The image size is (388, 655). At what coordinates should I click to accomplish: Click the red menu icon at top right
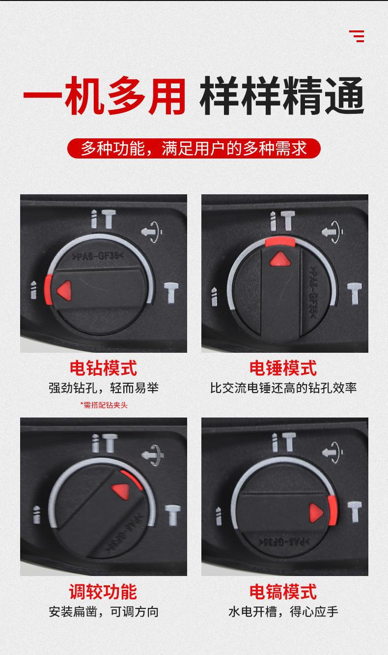pos(357,36)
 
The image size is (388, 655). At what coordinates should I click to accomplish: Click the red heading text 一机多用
pos(105,97)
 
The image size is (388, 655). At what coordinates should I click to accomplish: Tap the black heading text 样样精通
pos(281,97)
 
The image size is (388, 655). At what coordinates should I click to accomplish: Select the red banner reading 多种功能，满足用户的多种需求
pos(194,148)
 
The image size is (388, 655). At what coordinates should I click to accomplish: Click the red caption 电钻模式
pos(103,367)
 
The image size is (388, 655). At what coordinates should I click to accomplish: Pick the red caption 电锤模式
pos(283,367)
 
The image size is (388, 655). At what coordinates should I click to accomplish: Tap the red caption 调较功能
pos(103,591)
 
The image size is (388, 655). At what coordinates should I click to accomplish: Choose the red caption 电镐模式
pos(283,591)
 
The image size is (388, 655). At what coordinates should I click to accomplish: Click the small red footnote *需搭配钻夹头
pos(104,405)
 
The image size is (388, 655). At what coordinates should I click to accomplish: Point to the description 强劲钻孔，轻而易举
pos(104,388)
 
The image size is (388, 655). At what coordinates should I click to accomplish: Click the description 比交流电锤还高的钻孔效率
pos(283,388)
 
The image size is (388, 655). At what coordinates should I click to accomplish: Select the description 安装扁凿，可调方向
pos(104,611)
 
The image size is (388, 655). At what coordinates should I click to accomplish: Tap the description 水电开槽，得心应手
pos(283,611)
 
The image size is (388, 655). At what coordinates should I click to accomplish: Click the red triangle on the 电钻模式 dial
pos(64,290)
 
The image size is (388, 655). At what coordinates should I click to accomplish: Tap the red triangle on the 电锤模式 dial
pos(279,259)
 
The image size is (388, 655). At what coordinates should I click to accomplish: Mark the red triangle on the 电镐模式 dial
pos(316,513)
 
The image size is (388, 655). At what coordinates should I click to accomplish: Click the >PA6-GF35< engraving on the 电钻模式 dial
pos(97,256)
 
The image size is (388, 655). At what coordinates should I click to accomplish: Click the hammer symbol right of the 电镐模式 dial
pos(354,512)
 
